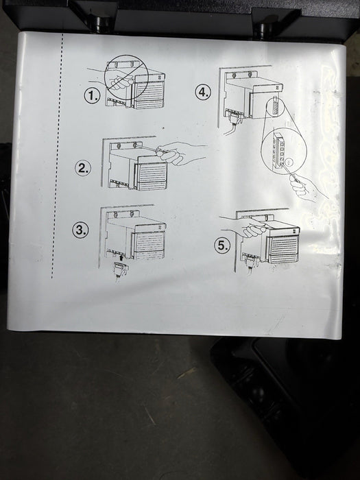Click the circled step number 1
tap(92, 96)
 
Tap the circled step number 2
tap(83, 168)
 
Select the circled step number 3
tap(80, 230)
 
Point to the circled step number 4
tap(203, 92)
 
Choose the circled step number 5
tap(222, 245)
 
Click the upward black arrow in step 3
tap(122, 257)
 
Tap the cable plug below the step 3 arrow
tap(121, 269)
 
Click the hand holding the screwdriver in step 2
tap(178, 153)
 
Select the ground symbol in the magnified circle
tap(288, 161)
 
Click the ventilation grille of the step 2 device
tap(153, 174)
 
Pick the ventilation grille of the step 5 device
tap(284, 249)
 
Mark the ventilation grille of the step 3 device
tap(150, 244)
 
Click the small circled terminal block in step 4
tap(275, 106)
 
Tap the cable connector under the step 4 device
tap(235, 117)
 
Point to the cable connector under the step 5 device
tap(252, 261)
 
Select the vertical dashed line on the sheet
tap(58, 156)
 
